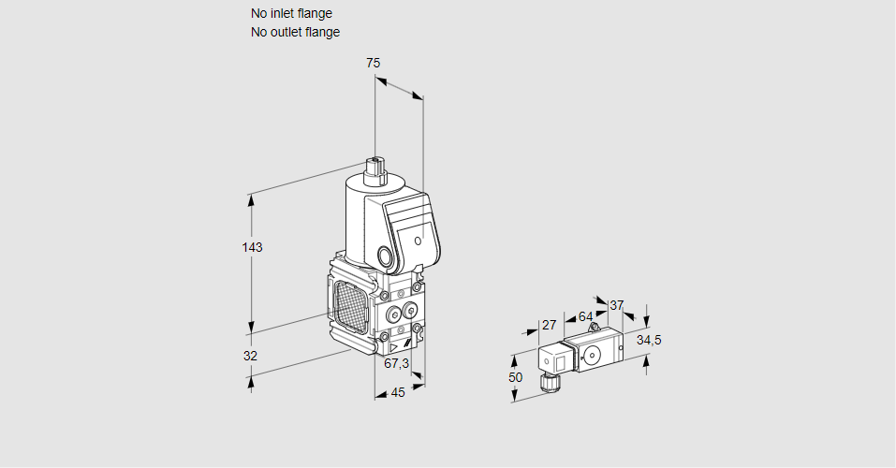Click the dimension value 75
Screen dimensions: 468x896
(x=373, y=63)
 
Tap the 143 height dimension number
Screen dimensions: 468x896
(x=252, y=247)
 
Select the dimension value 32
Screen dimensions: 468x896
(x=250, y=356)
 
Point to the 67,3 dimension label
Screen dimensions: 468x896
(x=396, y=363)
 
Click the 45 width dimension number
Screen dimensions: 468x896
(x=398, y=392)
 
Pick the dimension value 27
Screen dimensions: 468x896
(x=550, y=325)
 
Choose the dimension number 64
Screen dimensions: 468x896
(x=585, y=316)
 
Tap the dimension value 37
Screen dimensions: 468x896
(x=616, y=305)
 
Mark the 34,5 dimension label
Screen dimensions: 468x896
(x=649, y=340)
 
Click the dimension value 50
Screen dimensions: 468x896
(x=516, y=376)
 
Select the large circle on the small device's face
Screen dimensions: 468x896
(x=592, y=355)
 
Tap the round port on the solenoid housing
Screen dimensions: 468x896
(x=386, y=256)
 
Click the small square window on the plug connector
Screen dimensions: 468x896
(x=551, y=360)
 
